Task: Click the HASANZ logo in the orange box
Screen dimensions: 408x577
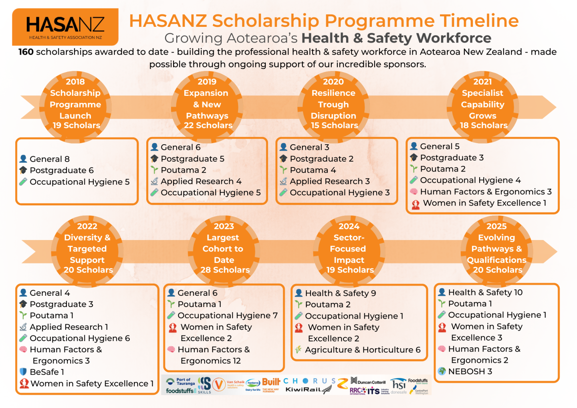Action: [x=65, y=27]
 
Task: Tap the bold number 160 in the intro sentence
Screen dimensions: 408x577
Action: [x=26, y=52]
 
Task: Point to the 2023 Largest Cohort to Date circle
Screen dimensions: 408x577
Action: [x=224, y=248]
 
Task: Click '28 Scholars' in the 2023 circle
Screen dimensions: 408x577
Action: [x=225, y=270]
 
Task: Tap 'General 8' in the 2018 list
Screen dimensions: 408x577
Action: [x=50, y=159]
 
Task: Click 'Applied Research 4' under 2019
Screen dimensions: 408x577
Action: [x=201, y=182]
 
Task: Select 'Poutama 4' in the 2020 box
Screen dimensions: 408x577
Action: [x=313, y=170]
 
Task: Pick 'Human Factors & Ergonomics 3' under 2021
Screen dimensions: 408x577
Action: [x=486, y=192]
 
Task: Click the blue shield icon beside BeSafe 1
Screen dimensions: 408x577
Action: [x=23, y=372]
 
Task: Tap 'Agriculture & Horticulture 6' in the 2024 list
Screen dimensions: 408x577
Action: [x=363, y=350]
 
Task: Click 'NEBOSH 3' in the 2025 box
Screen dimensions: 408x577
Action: [x=470, y=372]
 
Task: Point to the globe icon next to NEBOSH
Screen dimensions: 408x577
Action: [x=442, y=372]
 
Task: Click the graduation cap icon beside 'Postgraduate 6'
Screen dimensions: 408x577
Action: [x=23, y=170]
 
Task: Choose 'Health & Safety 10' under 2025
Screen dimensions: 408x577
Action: [x=485, y=293]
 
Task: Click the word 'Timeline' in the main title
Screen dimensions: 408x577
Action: [x=479, y=21]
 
